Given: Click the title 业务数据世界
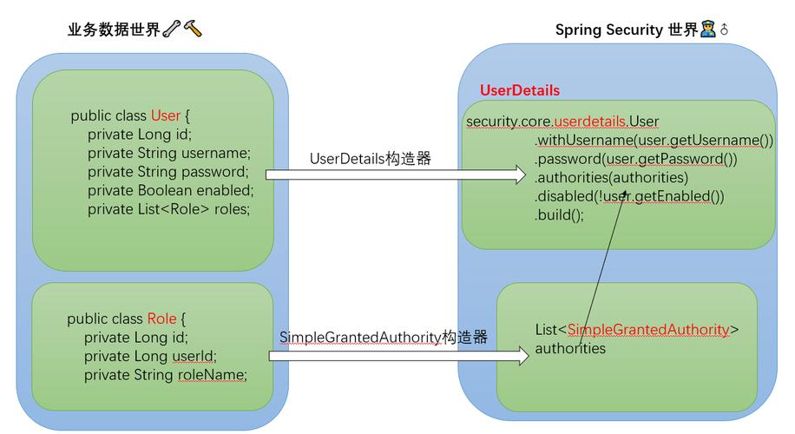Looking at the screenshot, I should point(114,30).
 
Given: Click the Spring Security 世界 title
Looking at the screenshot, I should point(626,30).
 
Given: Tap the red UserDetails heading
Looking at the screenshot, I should point(519,90).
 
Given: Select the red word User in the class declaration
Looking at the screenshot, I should point(165,115).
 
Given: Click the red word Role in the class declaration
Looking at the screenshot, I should point(161,319).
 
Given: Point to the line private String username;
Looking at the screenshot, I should point(168,153).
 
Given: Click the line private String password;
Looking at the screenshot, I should point(168,172).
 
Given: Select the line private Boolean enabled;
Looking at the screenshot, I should point(170,190).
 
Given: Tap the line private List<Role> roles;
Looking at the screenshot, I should point(168,209).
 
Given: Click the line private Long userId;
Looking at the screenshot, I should point(149,356).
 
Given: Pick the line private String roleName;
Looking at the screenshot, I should point(165,375).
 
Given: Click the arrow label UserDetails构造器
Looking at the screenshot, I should point(370,159).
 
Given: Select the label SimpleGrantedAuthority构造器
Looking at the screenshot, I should point(383,337).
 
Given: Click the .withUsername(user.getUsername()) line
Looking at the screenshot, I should point(653,140).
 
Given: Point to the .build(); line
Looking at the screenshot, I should point(559,215).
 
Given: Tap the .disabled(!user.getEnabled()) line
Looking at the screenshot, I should point(628,196).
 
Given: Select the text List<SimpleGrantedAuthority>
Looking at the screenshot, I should point(637,330).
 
